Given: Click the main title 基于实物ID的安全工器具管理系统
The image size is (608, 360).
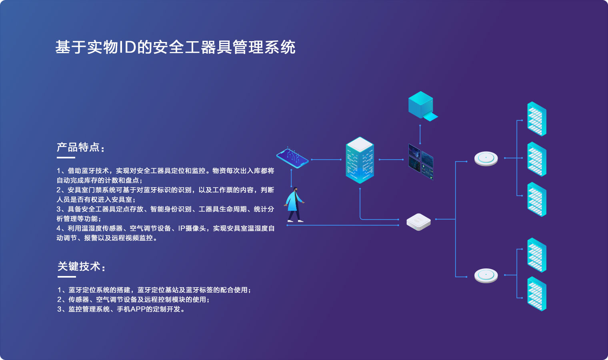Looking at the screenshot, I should tap(175, 47).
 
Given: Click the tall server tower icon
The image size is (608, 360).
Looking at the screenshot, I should tap(360, 160).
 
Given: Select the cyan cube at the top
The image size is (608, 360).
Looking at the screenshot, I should tap(421, 105).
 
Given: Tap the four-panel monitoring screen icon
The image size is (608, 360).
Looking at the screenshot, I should tap(421, 162).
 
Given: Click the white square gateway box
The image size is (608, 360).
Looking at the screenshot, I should tap(418, 222).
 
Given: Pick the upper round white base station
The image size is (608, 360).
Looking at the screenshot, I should tap(486, 158).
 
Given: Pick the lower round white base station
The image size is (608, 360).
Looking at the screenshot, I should tap(486, 275).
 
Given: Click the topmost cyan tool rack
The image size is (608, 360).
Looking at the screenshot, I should tap(536, 119).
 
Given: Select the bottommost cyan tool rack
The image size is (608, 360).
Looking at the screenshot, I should tap(536, 294).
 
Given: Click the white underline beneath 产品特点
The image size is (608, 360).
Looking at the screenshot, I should tap(66, 158).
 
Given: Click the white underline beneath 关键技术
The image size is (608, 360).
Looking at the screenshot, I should tap(66, 276).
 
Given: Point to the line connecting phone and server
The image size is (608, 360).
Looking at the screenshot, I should tap(326, 160).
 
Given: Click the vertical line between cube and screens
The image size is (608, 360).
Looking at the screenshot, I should tap(420, 134).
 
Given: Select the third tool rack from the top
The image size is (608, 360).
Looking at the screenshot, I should tap(536, 199).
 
